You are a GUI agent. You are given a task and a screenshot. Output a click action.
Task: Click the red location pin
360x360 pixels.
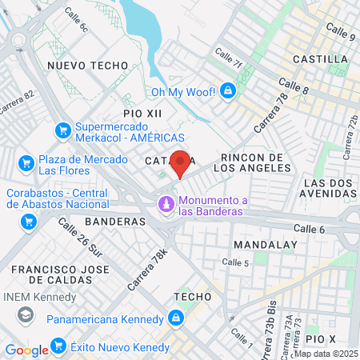[181, 164]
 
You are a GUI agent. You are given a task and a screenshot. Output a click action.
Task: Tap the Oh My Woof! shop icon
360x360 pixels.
[230, 91]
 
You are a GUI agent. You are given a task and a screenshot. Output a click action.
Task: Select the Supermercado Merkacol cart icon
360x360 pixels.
[62, 130]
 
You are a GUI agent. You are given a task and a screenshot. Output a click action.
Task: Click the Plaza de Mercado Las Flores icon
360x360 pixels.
[26, 163]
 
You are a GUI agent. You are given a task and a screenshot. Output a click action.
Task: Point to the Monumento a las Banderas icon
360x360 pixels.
[166, 206]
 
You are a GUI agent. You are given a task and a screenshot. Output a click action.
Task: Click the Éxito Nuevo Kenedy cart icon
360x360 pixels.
[58, 346]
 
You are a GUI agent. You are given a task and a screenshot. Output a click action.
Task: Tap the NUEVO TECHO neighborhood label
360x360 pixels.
[88, 65]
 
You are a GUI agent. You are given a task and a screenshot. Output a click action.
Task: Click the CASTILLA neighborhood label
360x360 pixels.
[320, 59]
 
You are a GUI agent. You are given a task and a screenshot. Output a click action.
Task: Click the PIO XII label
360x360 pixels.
[142, 114]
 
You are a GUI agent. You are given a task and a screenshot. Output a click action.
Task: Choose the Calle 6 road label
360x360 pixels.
[310, 229]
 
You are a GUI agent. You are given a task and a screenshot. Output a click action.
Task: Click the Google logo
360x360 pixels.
[26, 350]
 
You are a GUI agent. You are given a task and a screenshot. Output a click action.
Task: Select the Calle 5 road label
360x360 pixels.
[235, 262]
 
